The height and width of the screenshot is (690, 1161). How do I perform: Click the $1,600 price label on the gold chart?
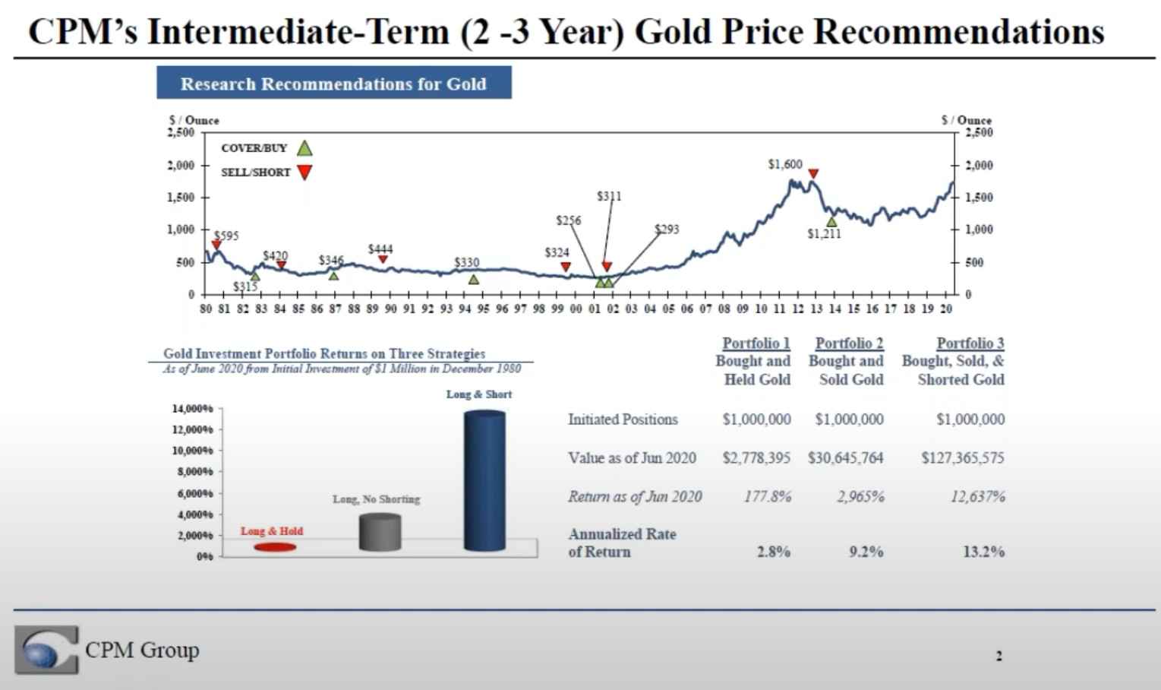coord(784,164)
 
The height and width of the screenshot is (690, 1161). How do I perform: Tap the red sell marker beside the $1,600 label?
coord(813,174)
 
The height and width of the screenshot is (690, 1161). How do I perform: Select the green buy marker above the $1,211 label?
coord(831,221)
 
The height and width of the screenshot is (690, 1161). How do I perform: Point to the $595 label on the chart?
coord(226,236)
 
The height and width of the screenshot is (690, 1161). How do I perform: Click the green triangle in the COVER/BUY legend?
coord(304,147)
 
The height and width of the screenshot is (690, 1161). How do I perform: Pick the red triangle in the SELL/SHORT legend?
coord(304,172)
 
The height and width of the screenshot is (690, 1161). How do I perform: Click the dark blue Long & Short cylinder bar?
coord(484,480)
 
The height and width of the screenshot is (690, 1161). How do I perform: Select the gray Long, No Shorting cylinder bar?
coord(380,532)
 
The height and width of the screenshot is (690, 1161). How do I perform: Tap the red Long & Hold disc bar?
coord(275,547)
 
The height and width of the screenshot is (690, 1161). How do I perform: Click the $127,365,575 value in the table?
coord(962,457)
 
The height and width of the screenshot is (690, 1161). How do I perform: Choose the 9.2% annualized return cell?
coord(866,552)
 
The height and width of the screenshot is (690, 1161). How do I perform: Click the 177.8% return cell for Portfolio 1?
coord(767,497)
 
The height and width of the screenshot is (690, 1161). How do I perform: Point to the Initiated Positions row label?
coord(623,419)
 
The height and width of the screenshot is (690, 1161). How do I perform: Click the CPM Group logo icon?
coord(46,650)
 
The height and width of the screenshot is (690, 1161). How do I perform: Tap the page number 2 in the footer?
coord(999,656)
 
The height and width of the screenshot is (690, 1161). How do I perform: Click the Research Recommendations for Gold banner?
coord(334,83)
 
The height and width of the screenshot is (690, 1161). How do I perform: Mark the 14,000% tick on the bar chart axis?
coord(193,409)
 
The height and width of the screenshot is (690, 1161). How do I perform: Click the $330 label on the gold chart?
coord(466,262)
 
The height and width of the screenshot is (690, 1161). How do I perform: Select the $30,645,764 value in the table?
coord(849,457)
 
